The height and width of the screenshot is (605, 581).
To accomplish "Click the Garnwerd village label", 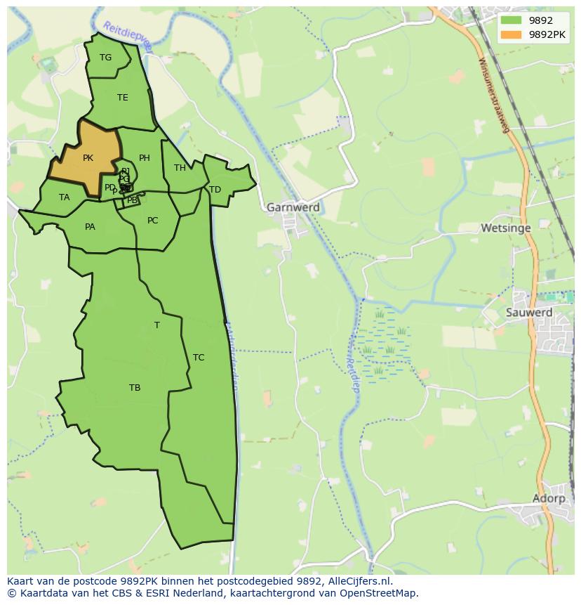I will click(293, 207).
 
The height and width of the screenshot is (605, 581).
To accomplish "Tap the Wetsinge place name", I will click(505, 228).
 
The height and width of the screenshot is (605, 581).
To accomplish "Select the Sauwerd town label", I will click(529, 312).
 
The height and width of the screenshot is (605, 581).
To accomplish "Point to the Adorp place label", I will click(548, 498).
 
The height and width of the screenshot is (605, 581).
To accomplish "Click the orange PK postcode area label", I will click(88, 158).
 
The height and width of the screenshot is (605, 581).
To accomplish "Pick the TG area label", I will click(105, 58).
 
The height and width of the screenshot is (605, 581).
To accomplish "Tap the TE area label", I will click(123, 98).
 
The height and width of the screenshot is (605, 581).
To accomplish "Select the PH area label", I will click(144, 158).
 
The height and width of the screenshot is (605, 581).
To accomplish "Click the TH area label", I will click(180, 168).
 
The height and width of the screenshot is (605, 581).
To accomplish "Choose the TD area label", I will click(215, 190).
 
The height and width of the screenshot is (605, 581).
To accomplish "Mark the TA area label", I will click(65, 197).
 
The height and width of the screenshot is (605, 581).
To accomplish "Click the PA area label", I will click(90, 227).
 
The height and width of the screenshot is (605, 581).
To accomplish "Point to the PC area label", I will click(152, 221).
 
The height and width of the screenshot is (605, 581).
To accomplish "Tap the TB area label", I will click(135, 388).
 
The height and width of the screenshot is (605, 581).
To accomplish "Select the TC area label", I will click(199, 358).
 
